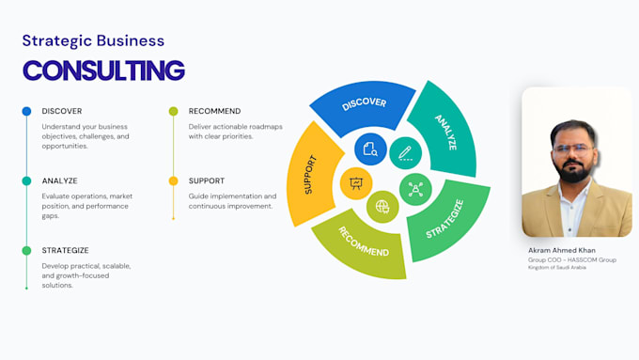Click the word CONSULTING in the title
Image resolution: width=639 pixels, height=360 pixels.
(x=104, y=70)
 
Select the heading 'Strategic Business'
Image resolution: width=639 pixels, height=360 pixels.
(x=93, y=40)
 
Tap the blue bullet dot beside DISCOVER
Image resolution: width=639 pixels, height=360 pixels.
(x=26, y=111)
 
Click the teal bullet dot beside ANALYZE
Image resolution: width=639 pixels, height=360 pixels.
(x=26, y=181)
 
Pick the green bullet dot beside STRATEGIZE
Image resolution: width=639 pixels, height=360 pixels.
(x=26, y=251)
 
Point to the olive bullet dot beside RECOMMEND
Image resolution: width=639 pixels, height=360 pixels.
(x=173, y=111)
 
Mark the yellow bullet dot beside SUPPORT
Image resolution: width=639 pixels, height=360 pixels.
(x=173, y=181)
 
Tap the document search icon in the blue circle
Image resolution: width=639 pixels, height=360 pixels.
(x=370, y=149)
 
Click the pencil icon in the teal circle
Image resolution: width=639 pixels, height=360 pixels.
(x=405, y=153)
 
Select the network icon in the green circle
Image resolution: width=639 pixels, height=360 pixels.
(x=415, y=190)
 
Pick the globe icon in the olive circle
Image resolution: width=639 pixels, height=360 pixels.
(x=382, y=207)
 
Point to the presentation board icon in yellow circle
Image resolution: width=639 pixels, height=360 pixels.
(x=356, y=183)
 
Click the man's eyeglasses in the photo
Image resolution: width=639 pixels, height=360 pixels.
(x=573, y=149)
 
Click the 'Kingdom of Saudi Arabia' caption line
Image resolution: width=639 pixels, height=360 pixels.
(x=557, y=268)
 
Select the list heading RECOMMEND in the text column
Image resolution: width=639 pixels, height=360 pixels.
(x=215, y=111)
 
